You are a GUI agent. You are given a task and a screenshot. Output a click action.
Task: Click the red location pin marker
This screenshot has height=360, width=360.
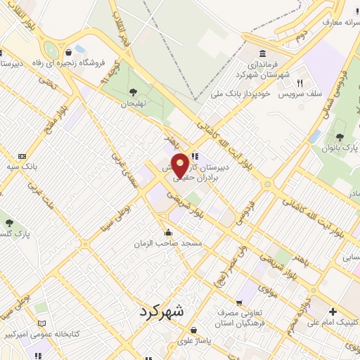(181, 165)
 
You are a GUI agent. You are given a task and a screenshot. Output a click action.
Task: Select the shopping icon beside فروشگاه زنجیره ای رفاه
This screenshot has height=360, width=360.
(68, 52)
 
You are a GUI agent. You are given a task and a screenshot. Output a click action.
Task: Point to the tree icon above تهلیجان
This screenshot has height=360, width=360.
(132, 91)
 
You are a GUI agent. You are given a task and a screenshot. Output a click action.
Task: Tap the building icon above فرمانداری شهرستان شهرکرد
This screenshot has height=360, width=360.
(262, 55)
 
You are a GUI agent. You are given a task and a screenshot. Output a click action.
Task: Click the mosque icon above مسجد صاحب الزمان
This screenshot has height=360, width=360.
(167, 232)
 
